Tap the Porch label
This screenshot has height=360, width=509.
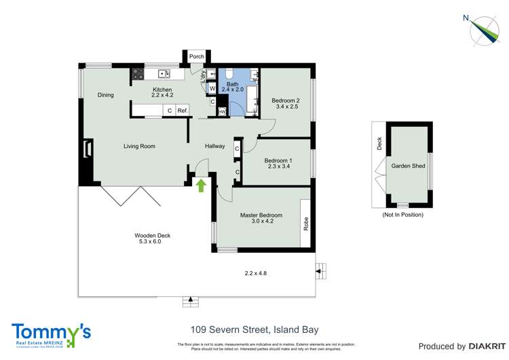(197, 57)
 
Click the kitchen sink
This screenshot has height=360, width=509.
(164, 73)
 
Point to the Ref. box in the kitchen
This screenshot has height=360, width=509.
(182, 110)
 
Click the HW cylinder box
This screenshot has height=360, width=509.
(222, 111)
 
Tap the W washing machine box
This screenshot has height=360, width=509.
(212, 88)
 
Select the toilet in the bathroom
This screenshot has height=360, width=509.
(229, 74)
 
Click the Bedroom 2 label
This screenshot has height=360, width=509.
(286, 101)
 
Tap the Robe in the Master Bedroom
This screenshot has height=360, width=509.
(305, 223)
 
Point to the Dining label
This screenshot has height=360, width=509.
(105, 95)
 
